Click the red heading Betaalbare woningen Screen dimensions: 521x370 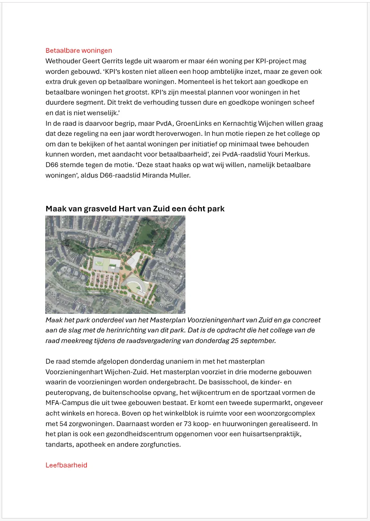point(79,51)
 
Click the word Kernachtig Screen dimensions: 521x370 point(248,123)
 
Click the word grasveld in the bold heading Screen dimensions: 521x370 point(97,209)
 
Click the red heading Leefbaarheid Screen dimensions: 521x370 point(66,465)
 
